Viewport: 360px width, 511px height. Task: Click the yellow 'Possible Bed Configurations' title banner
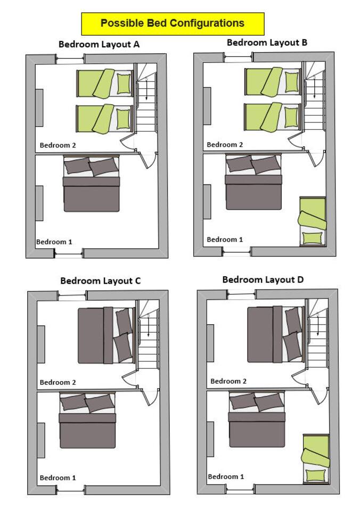173,24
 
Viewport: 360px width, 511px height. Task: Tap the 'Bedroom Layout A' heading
99,44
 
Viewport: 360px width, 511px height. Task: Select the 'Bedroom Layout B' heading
267,43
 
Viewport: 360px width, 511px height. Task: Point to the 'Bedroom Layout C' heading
101,281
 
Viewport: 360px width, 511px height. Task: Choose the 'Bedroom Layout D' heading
263,279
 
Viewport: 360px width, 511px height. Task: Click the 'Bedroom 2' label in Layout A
58,145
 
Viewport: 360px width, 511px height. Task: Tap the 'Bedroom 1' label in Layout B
225,240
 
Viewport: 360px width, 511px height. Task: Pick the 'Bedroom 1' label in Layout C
58,478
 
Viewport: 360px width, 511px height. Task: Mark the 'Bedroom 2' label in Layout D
228,381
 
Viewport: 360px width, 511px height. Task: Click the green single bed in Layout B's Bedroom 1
313,221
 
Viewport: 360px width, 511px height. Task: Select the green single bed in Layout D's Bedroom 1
316,459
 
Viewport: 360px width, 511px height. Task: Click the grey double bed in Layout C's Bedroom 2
106,335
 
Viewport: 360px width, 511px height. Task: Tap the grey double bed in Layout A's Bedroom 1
91,184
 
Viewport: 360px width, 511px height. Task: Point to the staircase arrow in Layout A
147,89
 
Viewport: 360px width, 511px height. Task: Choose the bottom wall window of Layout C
71,490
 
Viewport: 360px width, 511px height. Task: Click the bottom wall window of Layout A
69,253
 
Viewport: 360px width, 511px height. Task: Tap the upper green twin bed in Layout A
105,84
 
